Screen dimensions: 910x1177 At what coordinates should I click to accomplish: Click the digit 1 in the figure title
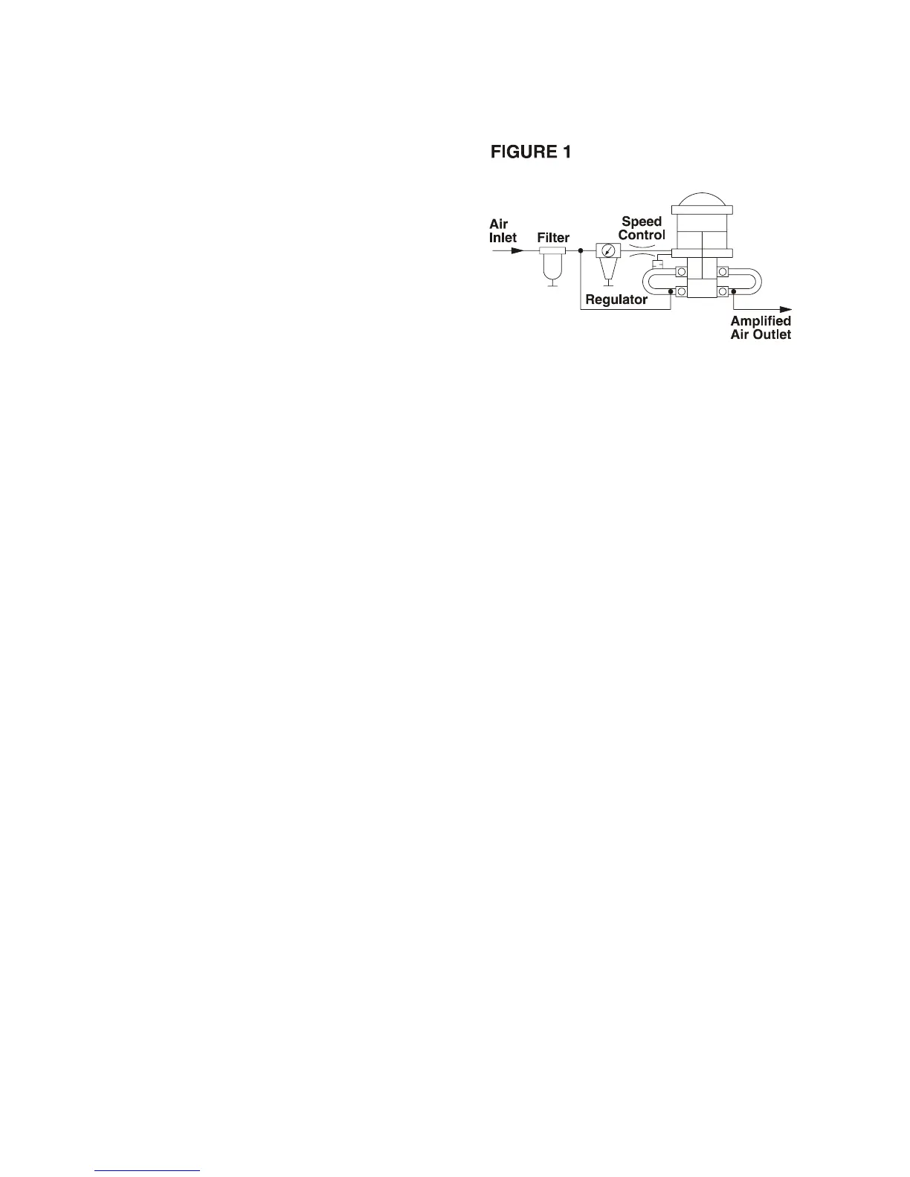(x=567, y=152)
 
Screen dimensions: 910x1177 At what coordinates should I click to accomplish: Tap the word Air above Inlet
(x=498, y=224)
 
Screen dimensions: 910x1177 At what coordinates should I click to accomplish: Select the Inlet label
(x=503, y=238)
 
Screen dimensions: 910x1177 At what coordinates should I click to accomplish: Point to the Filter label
(x=553, y=238)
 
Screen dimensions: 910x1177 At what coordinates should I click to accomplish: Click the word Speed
(x=642, y=221)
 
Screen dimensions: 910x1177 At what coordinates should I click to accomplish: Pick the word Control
(x=642, y=234)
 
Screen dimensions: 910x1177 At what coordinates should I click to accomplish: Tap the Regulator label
(x=616, y=300)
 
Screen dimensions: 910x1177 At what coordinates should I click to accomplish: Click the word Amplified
(x=761, y=321)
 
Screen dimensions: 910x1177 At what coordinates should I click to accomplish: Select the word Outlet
(x=774, y=334)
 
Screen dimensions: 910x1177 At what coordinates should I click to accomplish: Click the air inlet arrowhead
(x=518, y=250)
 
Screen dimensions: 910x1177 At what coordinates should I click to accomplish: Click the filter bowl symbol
(x=552, y=266)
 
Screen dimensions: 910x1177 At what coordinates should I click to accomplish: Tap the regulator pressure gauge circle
(x=608, y=250)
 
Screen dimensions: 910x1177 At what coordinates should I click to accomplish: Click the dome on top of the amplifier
(x=702, y=198)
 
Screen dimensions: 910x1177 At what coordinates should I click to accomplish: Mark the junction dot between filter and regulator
(x=580, y=250)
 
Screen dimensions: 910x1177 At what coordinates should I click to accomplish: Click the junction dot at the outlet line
(x=733, y=291)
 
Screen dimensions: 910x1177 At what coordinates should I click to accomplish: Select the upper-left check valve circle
(x=681, y=272)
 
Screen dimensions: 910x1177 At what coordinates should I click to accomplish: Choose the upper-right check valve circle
(x=723, y=272)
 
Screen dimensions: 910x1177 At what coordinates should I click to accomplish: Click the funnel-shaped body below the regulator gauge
(x=608, y=269)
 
